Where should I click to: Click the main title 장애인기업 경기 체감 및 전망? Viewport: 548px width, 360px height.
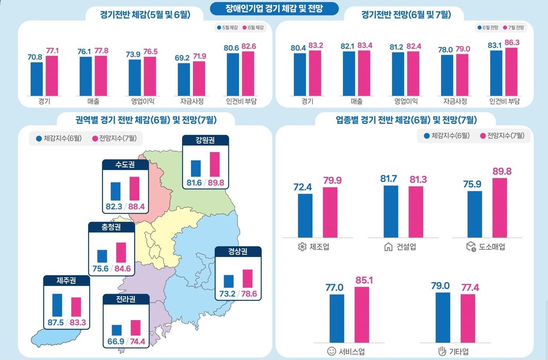pyautogui.click(x=274, y=8)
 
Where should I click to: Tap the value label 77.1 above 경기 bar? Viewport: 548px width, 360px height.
pyautogui.click(x=52, y=51)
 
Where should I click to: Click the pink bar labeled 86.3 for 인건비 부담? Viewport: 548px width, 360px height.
pyautogui.click(x=511, y=72)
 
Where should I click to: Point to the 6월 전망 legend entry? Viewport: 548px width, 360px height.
pyautogui.click(x=488, y=27)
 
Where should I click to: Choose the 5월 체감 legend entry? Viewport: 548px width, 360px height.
pyautogui.click(x=227, y=27)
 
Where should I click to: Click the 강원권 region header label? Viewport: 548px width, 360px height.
pyautogui.click(x=205, y=140)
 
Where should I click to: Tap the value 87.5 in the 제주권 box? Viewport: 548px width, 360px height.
pyautogui.click(x=56, y=322)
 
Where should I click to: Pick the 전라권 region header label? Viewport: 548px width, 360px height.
pyautogui.click(x=126, y=299)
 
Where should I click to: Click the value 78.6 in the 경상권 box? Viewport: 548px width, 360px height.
pyautogui.click(x=249, y=293)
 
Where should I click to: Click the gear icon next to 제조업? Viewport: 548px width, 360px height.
pyautogui.click(x=302, y=247)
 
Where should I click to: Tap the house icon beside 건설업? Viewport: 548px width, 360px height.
pyautogui.click(x=388, y=247)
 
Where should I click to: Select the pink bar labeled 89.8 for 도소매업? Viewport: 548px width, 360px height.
pyautogui.click(x=499, y=208)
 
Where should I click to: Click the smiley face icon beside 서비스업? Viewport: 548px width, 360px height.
pyautogui.click(x=331, y=351)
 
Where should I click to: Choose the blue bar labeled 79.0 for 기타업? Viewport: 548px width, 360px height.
pyautogui.click(x=443, y=317)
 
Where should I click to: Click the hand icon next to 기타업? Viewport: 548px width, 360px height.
pyautogui.click(x=442, y=351)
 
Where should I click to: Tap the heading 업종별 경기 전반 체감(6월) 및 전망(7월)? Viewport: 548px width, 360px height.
pyautogui.click(x=406, y=120)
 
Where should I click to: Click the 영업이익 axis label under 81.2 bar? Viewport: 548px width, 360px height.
pyautogui.click(x=406, y=101)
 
